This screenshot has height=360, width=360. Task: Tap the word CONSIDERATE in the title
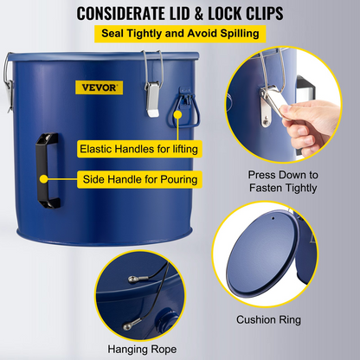125,15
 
